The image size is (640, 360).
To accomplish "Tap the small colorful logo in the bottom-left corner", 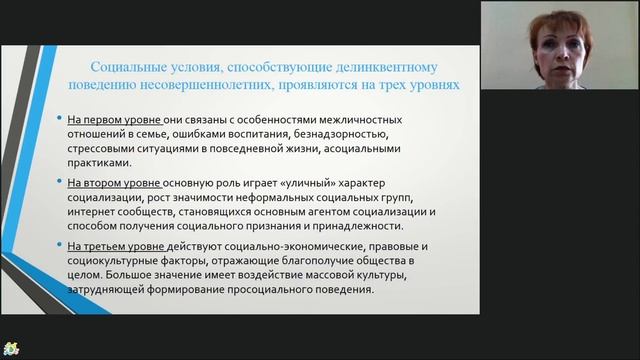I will pos(11,349).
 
